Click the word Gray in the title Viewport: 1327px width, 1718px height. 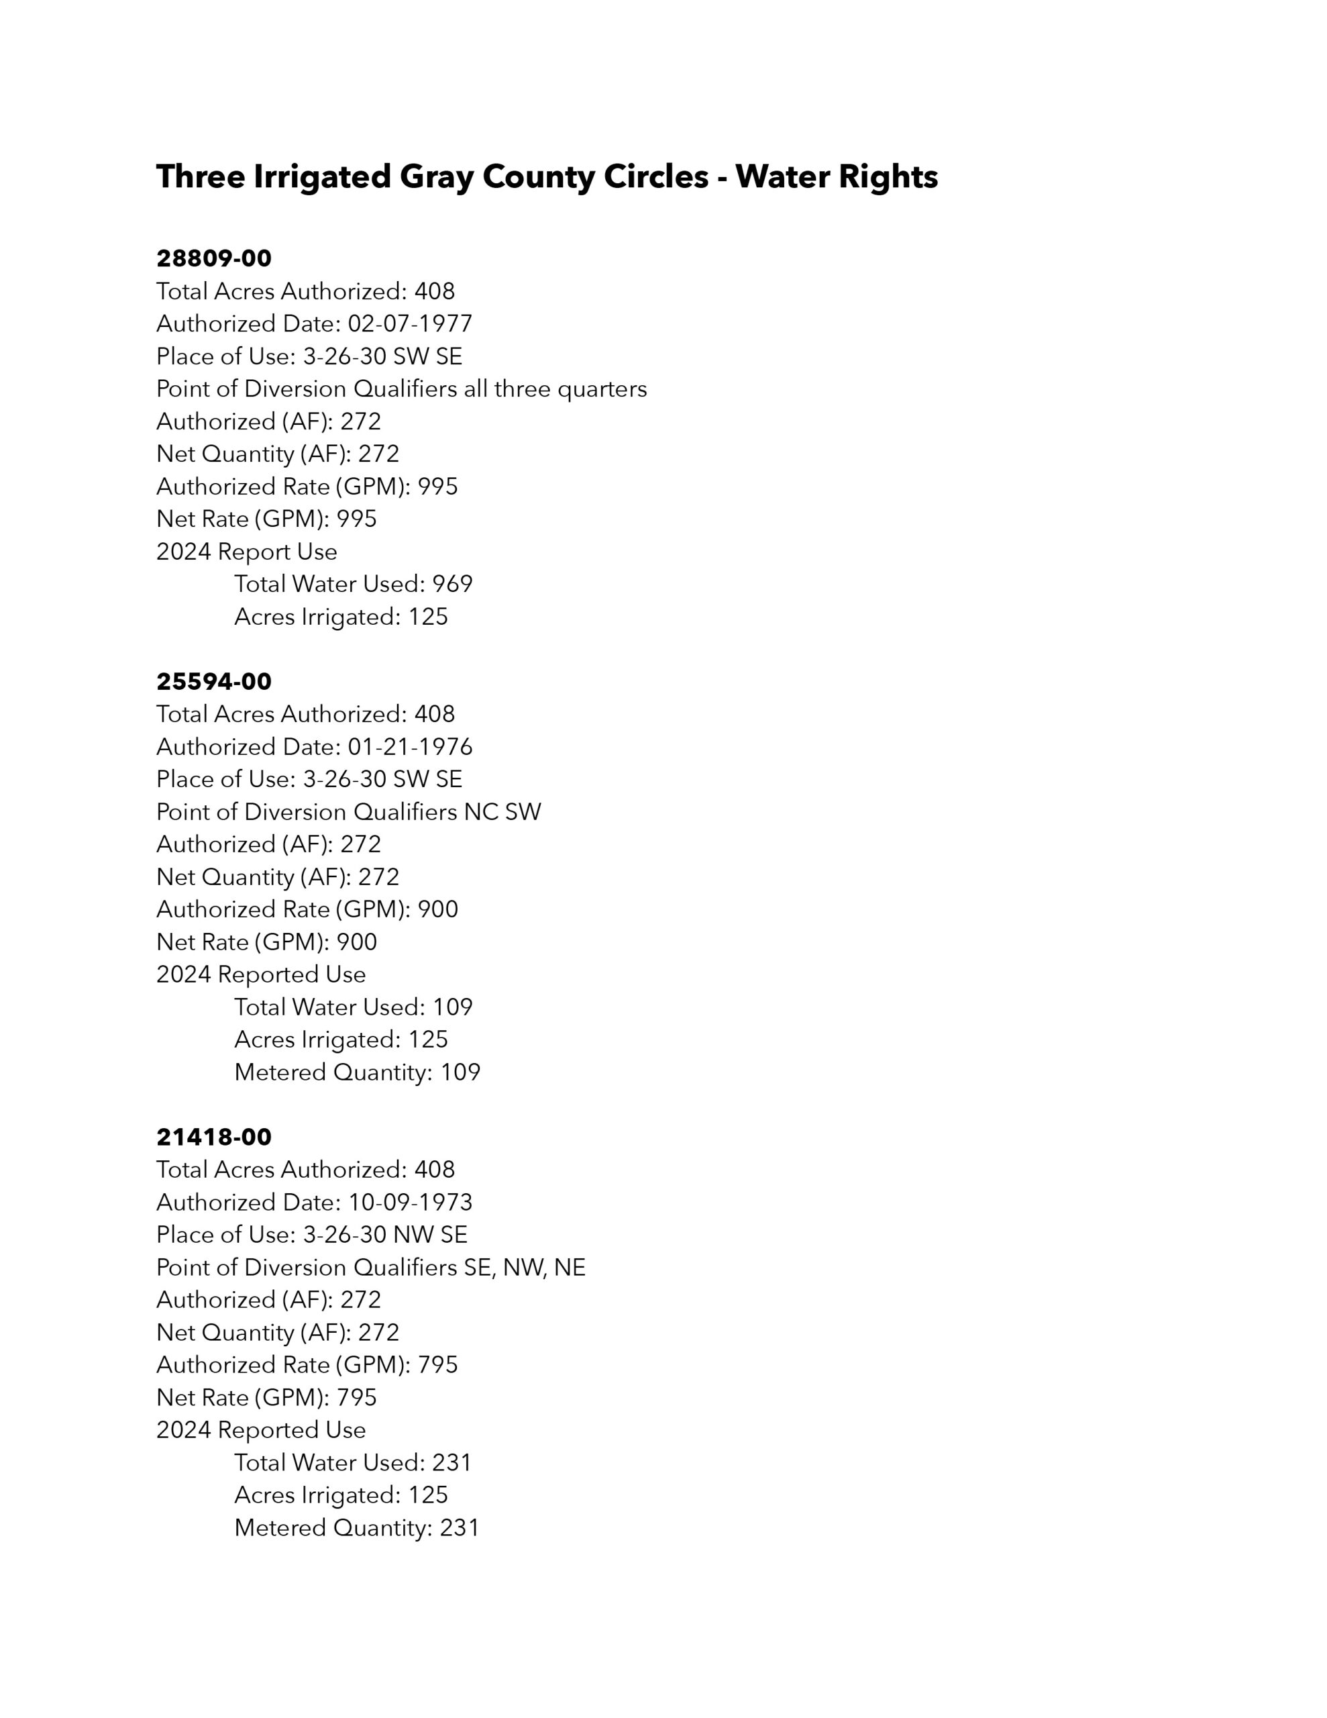point(437,177)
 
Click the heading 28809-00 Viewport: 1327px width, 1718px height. point(214,258)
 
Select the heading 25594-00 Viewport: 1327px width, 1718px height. point(214,681)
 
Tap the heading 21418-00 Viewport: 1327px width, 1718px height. point(214,1137)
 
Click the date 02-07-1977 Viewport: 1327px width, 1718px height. point(410,323)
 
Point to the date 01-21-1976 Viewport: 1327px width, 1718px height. point(410,746)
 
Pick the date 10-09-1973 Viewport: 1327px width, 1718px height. point(410,1202)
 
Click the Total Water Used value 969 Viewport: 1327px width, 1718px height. point(452,584)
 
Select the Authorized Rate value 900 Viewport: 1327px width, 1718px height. point(437,909)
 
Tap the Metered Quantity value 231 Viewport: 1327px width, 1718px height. point(460,1527)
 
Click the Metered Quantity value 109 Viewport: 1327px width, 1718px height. point(460,1072)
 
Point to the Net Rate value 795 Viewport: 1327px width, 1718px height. point(356,1397)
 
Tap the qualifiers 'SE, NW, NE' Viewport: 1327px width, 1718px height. point(525,1267)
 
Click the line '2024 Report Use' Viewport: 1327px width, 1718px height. point(246,552)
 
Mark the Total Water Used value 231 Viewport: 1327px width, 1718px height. point(452,1462)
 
